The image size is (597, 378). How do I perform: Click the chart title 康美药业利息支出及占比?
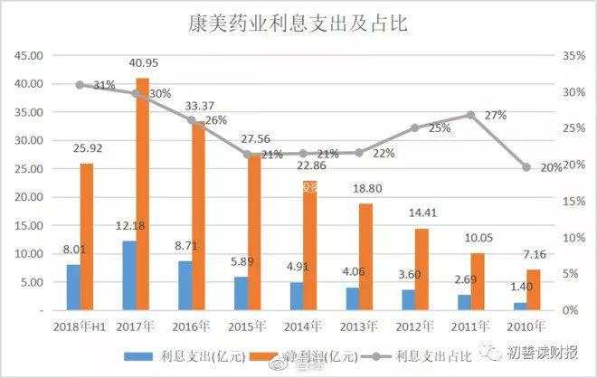(x=298, y=24)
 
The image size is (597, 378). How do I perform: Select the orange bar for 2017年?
(x=142, y=194)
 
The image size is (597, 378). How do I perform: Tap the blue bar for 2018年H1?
(x=73, y=287)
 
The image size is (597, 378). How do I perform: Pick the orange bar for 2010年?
(x=533, y=289)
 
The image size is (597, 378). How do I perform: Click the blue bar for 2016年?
(x=185, y=285)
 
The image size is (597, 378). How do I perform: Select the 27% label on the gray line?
(x=496, y=116)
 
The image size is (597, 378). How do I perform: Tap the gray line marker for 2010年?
(x=526, y=167)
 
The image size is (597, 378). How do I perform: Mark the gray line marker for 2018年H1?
(x=80, y=85)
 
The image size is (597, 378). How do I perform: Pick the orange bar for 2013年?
(x=365, y=257)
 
